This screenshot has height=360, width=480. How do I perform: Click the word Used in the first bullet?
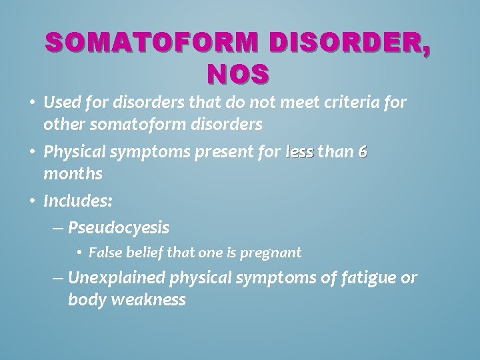pyautogui.click(x=63, y=103)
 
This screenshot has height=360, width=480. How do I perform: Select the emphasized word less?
pyautogui.click(x=299, y=152)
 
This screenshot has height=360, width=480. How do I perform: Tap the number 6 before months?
pyautogui.click(x=362, y=152)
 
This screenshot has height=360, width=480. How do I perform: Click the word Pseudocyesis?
pyautogui.click(x=119, y=228)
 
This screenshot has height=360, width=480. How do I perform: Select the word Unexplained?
pyautogui.click(x=119, y=277)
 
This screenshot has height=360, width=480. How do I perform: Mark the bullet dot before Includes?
pyautogui.click(x=33, y=199)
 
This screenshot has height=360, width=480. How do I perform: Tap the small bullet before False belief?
pyautogui.click(x=79, y=253)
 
